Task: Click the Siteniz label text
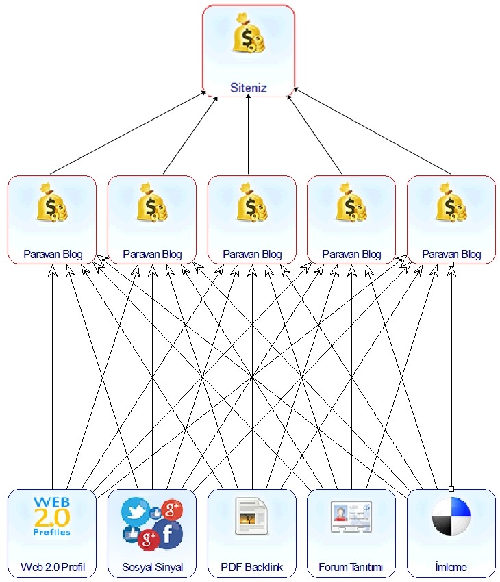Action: [x=248, y=88]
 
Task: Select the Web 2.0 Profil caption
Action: [x=52, y=567]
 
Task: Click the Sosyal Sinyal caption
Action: [x=152, y=567]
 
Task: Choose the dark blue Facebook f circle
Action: [x=167, y=533]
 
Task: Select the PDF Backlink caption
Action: [x=252, y=567]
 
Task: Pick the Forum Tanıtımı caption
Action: [x=351, y=567]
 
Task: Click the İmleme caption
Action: [x=451, y=567]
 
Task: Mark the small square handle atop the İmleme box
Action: [x=451, y=489]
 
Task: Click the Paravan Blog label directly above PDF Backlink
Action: [x=252, y=254]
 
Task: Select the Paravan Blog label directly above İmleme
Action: [x=451, y=254]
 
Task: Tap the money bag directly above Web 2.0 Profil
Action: [x=52, y=203]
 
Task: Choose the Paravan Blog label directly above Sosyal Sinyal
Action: [x=152, y=254]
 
